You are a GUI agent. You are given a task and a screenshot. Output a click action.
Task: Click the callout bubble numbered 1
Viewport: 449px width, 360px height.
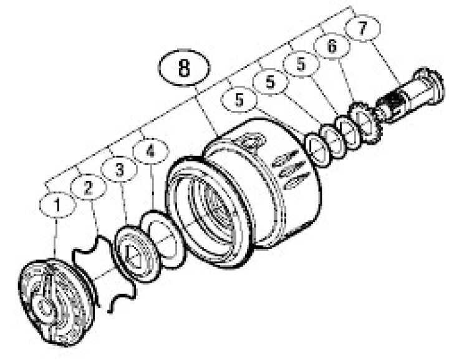(x=58, y=205)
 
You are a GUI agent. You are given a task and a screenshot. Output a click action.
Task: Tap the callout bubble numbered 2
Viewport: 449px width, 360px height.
(x=89, y=187)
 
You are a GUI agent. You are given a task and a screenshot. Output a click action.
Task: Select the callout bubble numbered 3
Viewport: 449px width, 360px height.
(x=119, y=170)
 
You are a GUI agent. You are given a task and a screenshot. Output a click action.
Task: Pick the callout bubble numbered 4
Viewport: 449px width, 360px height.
(x=151, y=151)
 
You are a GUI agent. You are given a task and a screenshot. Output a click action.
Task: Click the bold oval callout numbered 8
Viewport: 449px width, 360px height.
(x=184, y=68)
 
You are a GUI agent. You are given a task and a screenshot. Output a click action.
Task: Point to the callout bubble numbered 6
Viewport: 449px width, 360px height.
(x=332, y=46)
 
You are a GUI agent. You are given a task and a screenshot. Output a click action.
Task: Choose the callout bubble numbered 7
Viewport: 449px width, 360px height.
(x=362, y=28)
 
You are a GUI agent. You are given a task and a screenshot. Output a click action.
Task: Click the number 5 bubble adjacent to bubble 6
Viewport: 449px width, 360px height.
(x=301, y=64)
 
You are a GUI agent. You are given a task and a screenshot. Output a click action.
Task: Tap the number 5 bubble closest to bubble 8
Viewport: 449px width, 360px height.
(x=239, y=100)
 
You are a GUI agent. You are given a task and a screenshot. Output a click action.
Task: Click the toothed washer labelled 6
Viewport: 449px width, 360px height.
(x=364, y=123)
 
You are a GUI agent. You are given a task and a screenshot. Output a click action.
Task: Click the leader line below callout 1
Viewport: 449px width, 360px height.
(x=56, y=238)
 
